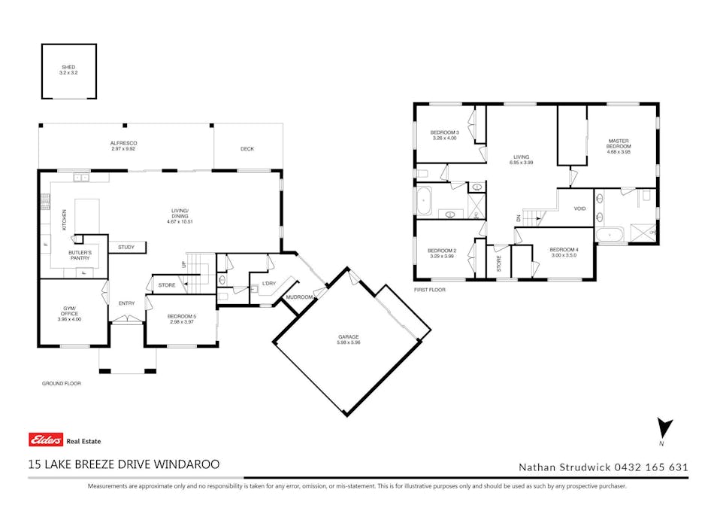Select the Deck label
click(247, 149)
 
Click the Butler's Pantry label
click(80, 255)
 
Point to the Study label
click(126, 248)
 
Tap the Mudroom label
click(300, 297)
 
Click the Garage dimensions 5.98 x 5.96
click(349, 342)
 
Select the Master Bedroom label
click(619, 144)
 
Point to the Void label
click(579, 208)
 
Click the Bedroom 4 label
click(564, 250)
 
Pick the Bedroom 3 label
click(444, 132)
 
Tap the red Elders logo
click(46, 440)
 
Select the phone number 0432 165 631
click(652, 467)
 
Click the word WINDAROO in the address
click(186, 464)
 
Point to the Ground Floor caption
click(62, 383)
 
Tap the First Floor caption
click(429, 290)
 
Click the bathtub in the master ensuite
click(610, 235)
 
